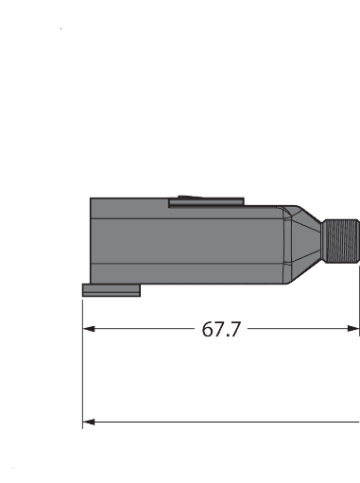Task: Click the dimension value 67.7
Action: click(221, 330)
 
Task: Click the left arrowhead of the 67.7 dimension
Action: click(90, 330)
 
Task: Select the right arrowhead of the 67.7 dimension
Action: click(354, 330)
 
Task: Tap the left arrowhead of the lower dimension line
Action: click(90, 422)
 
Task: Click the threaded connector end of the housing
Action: click(341, 241)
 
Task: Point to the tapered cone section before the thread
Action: click(306, 241)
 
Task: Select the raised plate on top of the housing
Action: click(206, 201)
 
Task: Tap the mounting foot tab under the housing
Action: click(111, 290)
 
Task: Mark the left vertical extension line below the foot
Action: click(83, 369)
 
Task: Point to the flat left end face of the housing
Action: click(91, 241)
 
